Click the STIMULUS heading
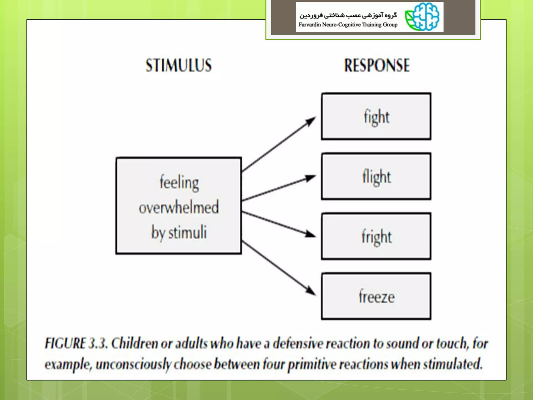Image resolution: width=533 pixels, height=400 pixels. pos(179,65)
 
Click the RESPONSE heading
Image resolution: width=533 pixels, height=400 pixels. pos(377,65)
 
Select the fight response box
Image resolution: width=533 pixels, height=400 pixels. pos(376,116)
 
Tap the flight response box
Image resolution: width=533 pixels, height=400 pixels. pos(376,176)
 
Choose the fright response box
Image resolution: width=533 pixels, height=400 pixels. pos(376,236)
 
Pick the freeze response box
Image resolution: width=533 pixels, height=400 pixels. pos(376,296)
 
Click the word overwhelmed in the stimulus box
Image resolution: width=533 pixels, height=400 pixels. pos(179,207)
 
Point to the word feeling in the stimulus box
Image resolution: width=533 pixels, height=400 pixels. pos(179,183)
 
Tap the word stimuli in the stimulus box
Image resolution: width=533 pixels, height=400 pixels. pos(187,232)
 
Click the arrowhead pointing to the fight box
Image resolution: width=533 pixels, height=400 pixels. pos(310,121)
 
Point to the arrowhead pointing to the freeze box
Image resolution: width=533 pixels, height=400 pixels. pos(310,290)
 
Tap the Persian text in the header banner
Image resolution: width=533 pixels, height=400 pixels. pos(348,15)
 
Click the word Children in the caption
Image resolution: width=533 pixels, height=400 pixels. pos(135,343)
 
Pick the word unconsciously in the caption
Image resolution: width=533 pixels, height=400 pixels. pos(133,364)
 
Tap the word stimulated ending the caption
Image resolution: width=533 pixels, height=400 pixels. pos(453,364)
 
